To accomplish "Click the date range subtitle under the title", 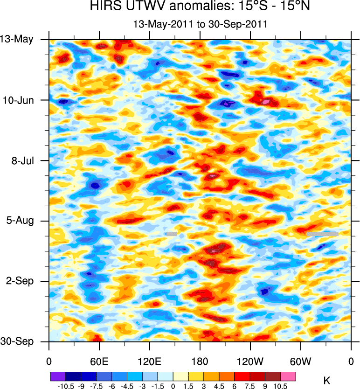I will click(200, 24).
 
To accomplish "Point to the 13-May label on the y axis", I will click(17, 39).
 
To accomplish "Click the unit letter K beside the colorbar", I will click(326, 382).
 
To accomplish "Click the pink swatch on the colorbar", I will click(288, 375).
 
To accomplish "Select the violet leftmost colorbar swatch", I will click(58, 375).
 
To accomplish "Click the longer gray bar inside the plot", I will click(322, 233).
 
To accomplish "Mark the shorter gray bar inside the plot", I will click(172, 233).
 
